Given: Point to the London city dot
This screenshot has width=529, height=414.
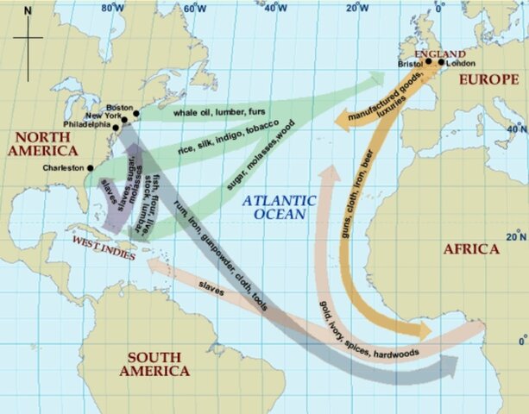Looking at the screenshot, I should (x=441, y=62).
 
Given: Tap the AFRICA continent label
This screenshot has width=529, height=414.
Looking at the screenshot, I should (x=470, y=249).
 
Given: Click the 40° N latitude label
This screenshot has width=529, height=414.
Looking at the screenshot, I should (x=516, y=129).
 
